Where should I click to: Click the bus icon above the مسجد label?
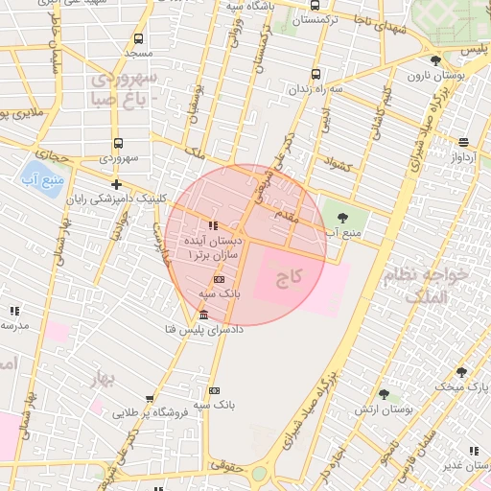[x=139, y=39]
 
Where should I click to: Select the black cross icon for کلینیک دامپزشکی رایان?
[x=116, y=184]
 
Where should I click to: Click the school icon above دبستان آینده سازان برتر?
[x=212, y=225]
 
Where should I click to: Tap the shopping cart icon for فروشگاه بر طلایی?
[x=150, y=399]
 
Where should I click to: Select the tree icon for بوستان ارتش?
[x=384, y=394]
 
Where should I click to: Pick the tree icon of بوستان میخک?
[x=461, y=372]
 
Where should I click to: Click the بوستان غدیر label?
[x=461, y=465]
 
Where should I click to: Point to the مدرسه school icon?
[x=13, y=311]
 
